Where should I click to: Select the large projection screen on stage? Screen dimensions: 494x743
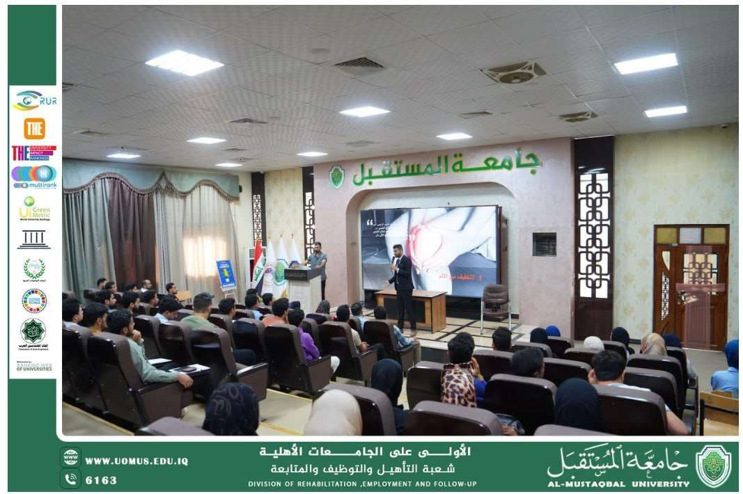[429, 249]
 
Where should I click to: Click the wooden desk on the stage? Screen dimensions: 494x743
[411, 309]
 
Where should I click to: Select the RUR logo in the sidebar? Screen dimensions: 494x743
[34, 101]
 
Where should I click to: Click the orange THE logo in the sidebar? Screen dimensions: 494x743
[34, 128]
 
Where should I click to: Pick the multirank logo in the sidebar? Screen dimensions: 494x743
[34, 177]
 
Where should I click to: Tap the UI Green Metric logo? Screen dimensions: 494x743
[34, 208]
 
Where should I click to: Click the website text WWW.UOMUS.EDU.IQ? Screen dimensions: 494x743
[136, 461]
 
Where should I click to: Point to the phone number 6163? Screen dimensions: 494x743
[102, 480]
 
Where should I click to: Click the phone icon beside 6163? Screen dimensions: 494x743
[70, 479]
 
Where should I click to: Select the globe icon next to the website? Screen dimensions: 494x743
[70, 458]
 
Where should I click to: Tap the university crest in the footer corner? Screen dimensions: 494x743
[714, 465]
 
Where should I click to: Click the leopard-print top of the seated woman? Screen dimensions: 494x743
[458, 385]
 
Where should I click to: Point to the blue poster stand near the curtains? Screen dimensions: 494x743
[226, 275]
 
